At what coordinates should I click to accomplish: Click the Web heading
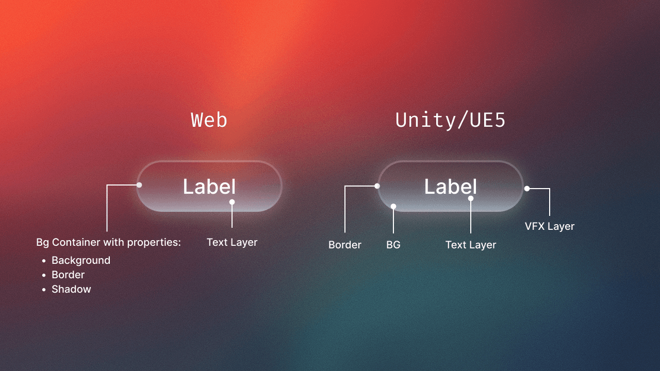point(209,120)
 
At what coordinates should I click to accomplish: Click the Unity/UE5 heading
point(450,120)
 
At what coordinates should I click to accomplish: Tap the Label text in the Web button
point(209,187)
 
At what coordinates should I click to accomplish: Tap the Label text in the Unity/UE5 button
point(450,187)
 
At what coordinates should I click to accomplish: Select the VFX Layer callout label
point(549,226)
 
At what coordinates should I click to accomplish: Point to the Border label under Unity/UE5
point(345,245)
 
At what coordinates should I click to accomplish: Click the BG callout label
point(393,245)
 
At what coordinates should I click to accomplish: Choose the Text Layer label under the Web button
point(232,242)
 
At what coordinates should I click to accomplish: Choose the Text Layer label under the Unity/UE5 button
point(471,245)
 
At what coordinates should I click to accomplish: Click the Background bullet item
point(81,260)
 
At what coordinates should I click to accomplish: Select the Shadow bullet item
point(71,289)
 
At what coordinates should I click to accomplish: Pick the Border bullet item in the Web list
point(68,275)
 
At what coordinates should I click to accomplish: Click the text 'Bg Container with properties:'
point(108,242)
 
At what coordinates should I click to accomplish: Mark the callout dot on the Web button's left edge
point(139,185)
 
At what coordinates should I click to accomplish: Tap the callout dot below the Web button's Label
point(232,202)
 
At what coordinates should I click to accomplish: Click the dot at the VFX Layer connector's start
point(527,189)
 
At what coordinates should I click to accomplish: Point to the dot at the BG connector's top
point(393,206)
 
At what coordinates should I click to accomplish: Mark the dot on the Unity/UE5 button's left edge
point(377,186)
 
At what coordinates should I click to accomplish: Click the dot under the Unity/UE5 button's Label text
point(471,198)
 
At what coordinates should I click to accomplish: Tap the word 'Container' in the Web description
point(76,242)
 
